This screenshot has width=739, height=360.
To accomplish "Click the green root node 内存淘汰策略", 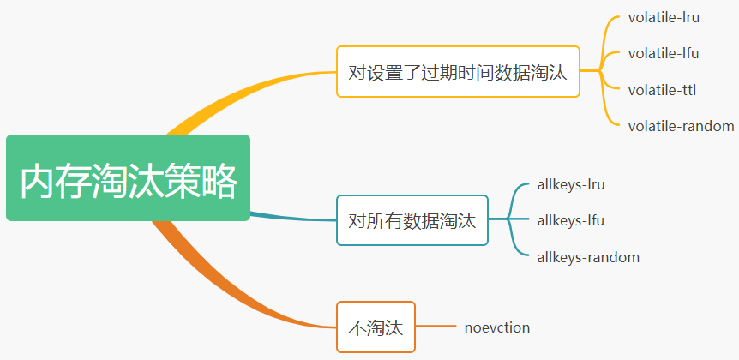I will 128,178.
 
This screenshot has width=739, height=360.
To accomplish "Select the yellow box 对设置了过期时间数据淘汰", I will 458,71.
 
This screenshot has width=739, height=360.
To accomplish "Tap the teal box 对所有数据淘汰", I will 412,220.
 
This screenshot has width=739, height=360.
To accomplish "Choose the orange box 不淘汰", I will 376,327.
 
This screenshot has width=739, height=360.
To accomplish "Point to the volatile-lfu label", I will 663,53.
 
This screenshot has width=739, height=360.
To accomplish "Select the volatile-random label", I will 681,126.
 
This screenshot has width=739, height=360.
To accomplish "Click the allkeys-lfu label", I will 570,220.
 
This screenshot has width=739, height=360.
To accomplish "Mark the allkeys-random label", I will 588,257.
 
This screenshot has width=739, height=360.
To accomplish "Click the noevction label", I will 497,327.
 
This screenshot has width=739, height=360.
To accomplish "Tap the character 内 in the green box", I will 39,180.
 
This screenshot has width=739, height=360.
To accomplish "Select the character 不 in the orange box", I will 357,327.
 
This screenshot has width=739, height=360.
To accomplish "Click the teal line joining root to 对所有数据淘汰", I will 291,217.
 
